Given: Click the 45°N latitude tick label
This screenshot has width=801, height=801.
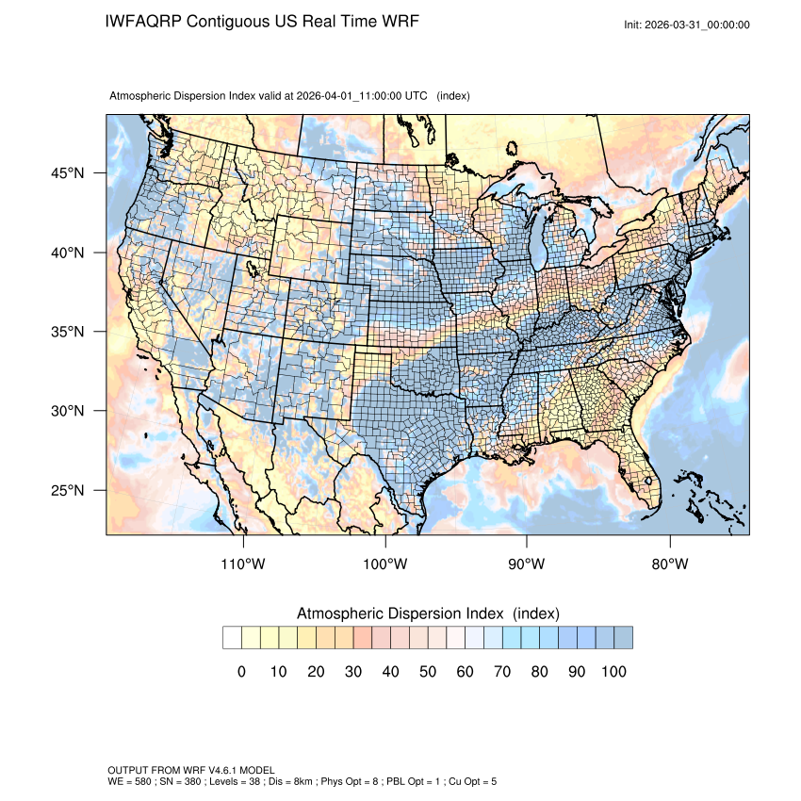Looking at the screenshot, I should (x=67, y=173).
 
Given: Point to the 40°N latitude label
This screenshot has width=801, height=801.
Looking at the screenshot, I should (x=67, y=253).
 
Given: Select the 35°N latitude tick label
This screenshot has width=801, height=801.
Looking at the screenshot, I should (x=67, y=332).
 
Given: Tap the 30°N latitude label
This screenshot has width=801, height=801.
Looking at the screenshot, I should (x=67, y=411).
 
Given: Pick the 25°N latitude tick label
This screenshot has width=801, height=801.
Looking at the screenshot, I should (x=67, y=490).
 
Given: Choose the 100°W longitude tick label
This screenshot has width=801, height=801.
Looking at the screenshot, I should (x=385, y=564).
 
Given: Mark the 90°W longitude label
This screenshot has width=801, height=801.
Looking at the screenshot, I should (x=527, y=564).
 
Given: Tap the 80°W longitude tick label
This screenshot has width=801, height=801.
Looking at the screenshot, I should (x=669, y=564).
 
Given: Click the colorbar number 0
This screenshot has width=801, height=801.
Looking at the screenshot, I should (x=241, y=672).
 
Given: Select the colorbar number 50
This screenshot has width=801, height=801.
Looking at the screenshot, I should (x=427, y=672).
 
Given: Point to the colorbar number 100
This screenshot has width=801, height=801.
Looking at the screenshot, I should (x=613, y=672).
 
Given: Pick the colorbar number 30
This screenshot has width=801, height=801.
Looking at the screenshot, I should (x=352, y=672).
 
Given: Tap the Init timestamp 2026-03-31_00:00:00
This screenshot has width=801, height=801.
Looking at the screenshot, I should (x=697, y=25).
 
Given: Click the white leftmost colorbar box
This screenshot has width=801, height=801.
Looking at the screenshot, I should (x=232, y=638).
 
